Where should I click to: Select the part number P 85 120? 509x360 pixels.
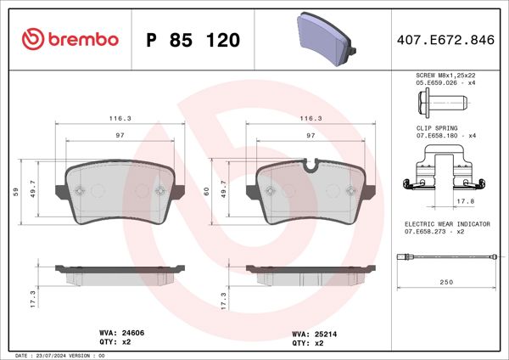click(x=193, y=40)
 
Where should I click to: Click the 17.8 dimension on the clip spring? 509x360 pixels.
click(x=465, y=202)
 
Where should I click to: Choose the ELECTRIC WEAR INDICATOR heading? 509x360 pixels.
click(x=446, y=223)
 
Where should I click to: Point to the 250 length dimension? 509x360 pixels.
click(x=447, y=283)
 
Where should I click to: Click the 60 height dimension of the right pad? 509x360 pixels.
click(x=207, y=191)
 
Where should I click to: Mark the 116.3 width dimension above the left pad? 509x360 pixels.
click(x=120, y=120)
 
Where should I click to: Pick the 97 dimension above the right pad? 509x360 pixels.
click(x=310, y=135)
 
